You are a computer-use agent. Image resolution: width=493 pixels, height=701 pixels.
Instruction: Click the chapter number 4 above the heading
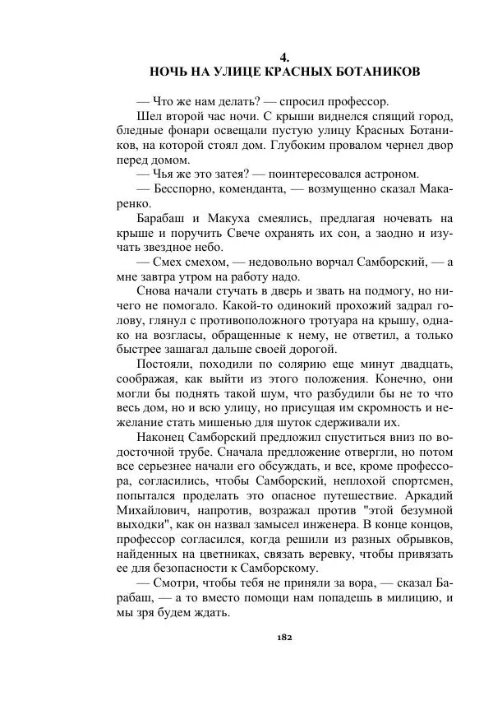click(x=285, y=57)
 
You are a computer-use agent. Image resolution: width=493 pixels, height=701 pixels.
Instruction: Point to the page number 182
click(x=285, y=636)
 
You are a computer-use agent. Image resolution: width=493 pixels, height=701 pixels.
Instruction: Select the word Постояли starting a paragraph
click(x=164, y=363)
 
